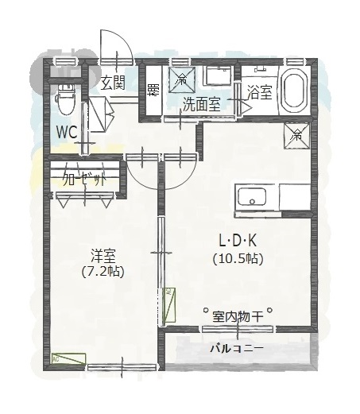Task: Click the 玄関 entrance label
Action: click(x=113, y=82)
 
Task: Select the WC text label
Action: click(x=67, y=130)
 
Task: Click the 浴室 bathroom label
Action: click(x=259, y=91)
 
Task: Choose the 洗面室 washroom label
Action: click(x=201, y=103)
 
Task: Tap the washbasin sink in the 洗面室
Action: click(x=217, y=77)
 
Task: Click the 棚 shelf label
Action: click(x=153, y=89)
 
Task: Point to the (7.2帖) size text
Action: click(x=103, y=272)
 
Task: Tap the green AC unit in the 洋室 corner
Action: click(x=67, y=358)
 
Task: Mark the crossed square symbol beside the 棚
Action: click(x=182, y=79)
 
